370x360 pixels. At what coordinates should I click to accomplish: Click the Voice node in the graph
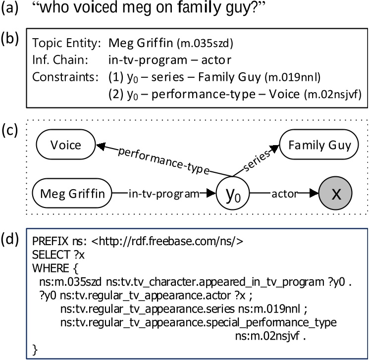pos(65,145)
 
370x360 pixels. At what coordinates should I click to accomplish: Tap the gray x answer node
pos(335,194)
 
